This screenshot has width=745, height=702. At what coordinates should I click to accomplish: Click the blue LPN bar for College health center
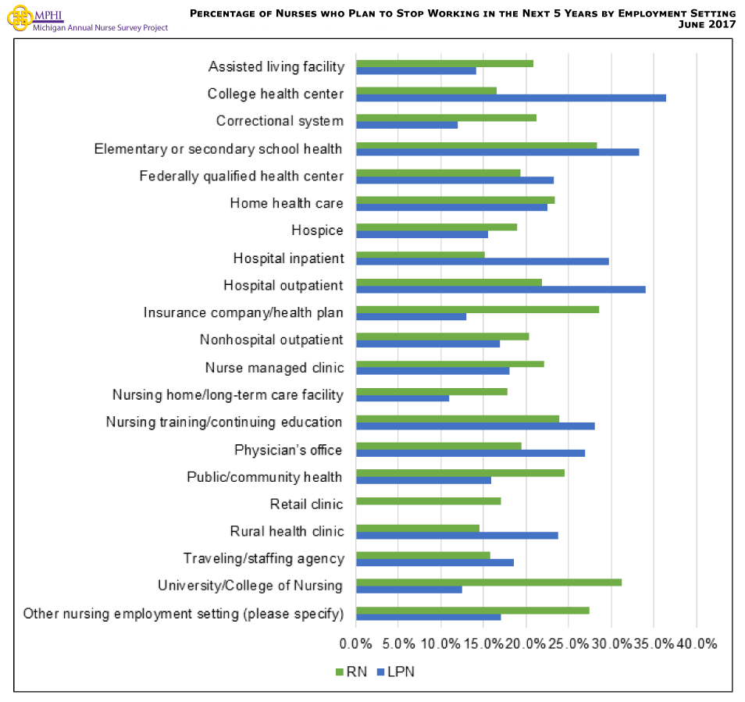(x=511, y=98)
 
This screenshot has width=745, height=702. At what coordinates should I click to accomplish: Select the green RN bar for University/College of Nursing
(x=489, y=582)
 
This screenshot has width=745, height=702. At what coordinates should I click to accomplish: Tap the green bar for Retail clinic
(x=428, y=501)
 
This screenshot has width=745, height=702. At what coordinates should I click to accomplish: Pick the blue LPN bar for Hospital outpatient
(x=501, y=289)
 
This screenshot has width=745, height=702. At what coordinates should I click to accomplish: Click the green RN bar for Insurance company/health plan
(x=477, y=309)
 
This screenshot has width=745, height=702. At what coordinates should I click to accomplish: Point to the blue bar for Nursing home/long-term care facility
(x=402, y=398)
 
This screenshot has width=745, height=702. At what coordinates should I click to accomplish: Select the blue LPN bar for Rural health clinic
(x=457, y=535)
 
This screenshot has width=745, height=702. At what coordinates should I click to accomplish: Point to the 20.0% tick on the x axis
(x=526, y=644)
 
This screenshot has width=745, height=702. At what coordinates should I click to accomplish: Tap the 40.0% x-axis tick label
(x=696, y=644)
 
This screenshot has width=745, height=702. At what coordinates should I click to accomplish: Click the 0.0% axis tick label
(x=356, y=644)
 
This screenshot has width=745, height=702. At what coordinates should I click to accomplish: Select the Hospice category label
(x=317, y=230)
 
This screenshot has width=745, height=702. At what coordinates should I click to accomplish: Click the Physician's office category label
(x=288, y=450)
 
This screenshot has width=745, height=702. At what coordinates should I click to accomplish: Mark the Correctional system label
(x=280, y=121)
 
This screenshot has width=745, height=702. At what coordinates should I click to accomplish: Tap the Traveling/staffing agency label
(x=263, y=558)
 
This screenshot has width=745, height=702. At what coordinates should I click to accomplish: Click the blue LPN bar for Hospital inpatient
(x=482, y=262)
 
